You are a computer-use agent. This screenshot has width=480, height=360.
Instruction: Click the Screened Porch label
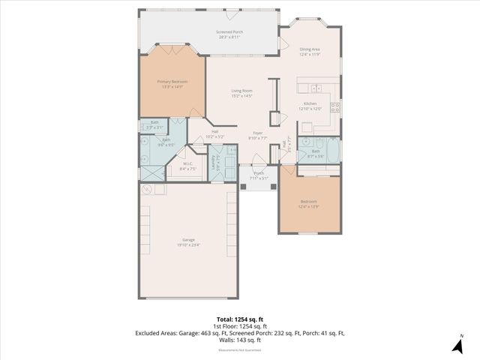point(229,34)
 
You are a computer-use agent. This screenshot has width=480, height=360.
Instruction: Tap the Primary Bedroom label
point(172,83)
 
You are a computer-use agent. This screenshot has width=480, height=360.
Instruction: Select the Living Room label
point(241,93)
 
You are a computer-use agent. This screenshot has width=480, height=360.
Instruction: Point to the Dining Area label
point(310,52)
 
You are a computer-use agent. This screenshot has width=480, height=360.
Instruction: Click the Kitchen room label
point(312,106)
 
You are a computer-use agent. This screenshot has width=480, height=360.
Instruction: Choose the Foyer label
point(257,135)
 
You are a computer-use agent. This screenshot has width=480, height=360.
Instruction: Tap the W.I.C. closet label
point(187,166)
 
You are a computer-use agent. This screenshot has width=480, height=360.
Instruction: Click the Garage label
point(188,241)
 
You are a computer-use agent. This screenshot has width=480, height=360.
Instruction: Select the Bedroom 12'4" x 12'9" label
point(309,203)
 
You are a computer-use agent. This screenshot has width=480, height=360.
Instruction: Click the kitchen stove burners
point(335,106)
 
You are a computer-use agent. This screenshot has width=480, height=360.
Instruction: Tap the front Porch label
point(259,175)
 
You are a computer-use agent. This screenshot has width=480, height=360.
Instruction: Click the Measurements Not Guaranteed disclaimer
point(239,349)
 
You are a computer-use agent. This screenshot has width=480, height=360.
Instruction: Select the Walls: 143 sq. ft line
point(239,340)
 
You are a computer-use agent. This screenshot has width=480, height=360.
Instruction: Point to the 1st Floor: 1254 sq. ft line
point(239,326)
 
